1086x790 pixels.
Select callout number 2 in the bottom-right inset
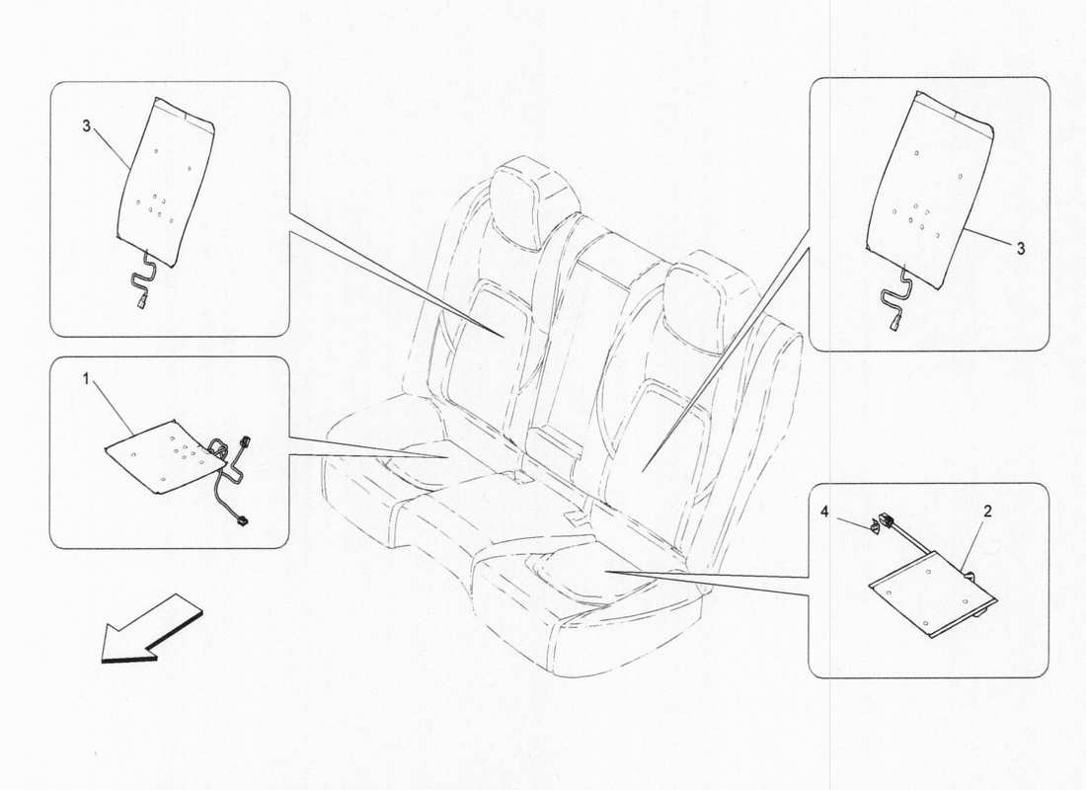coord(987,513)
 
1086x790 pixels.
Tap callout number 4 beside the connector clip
coord(824,512)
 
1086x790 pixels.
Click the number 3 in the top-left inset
coord(87,127)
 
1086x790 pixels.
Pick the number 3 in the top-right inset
coord(1020,250)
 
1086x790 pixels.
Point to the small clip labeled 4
coord(876,524)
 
